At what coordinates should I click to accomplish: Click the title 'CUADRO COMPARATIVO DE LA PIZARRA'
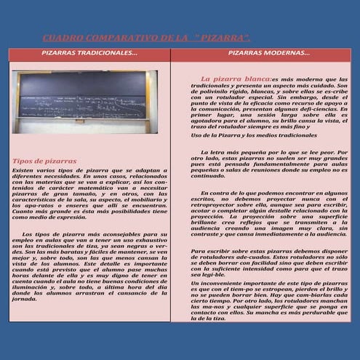click(x=145, y=37)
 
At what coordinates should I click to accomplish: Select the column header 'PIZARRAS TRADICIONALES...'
click(x=89, y=54)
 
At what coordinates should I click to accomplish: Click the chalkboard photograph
click(x=84, y=101)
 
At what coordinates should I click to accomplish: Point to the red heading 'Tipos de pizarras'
click(x=44, y=160)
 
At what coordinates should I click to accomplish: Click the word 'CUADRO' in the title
click(x=61, y=37)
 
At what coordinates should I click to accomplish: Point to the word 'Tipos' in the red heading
click(x=23, y=160)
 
